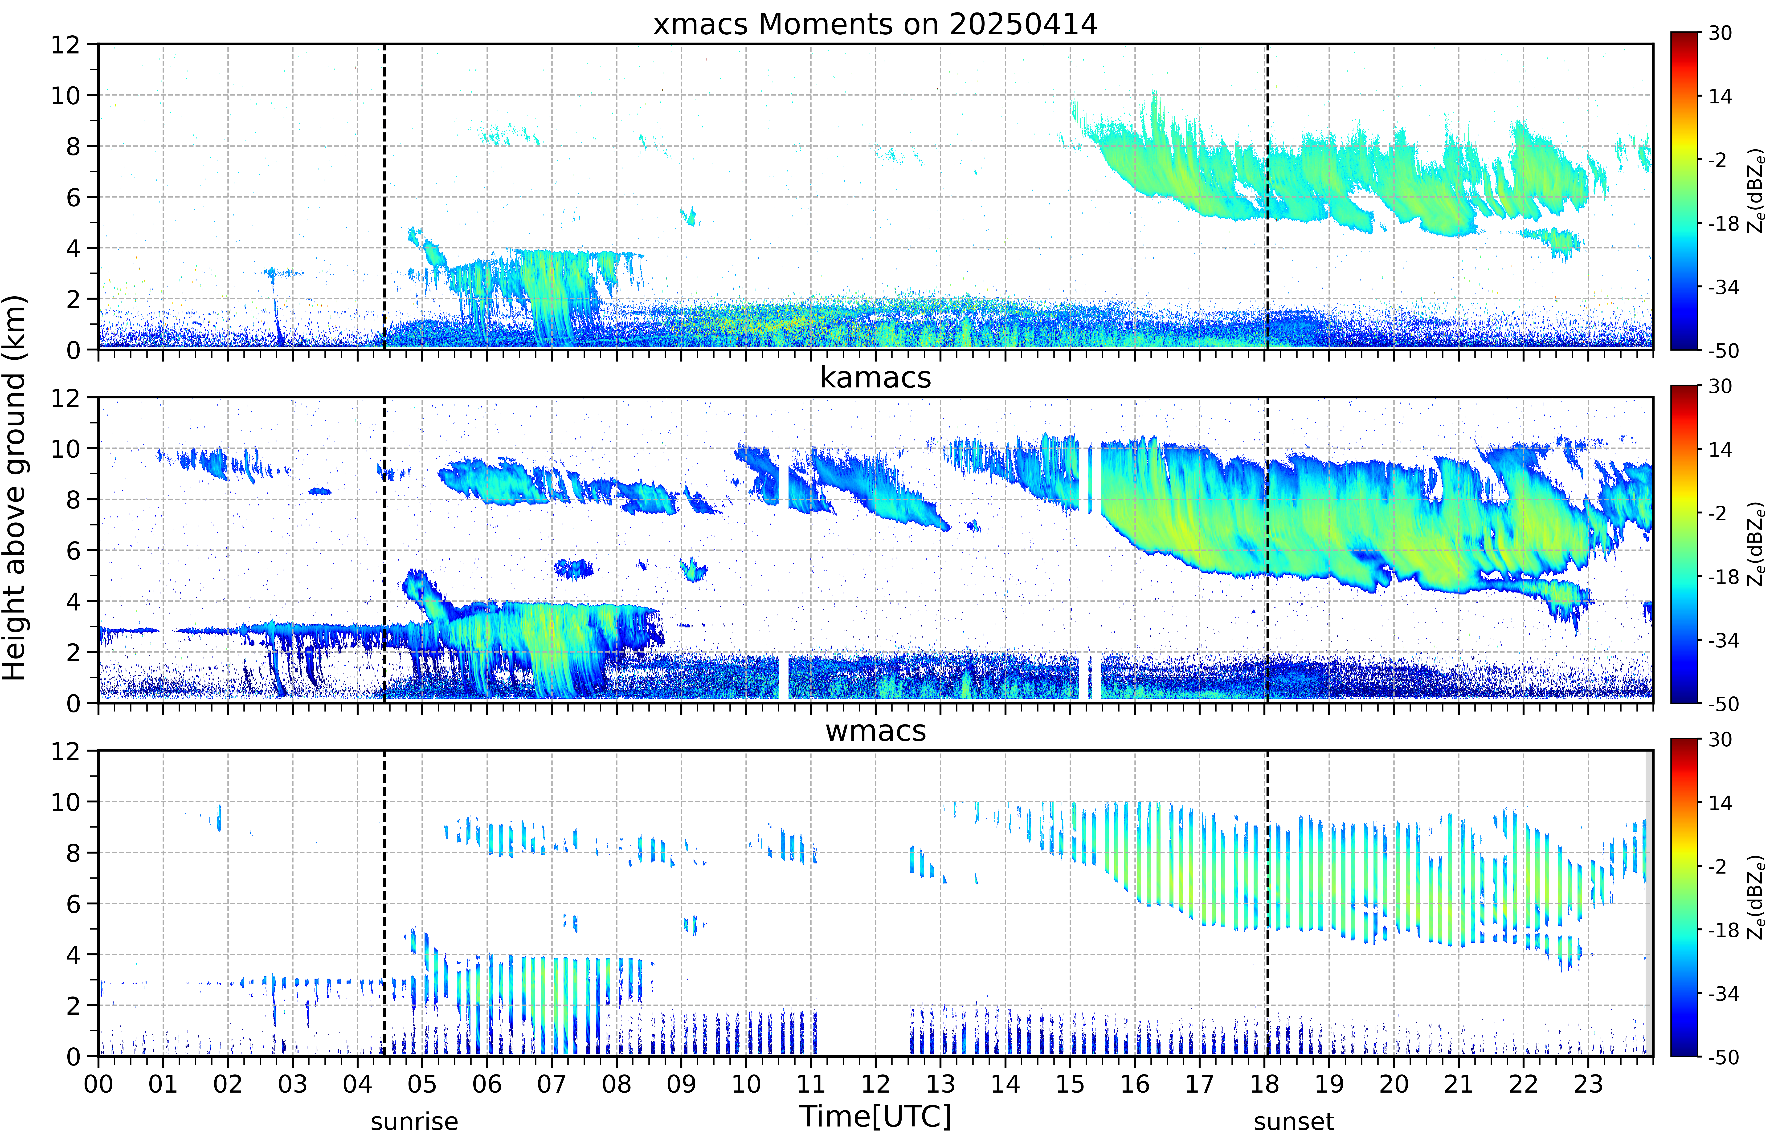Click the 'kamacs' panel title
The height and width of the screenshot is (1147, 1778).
click(875, 378)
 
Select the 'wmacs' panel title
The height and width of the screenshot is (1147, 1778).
click(875, 731)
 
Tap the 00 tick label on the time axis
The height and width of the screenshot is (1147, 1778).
click(98, 1084)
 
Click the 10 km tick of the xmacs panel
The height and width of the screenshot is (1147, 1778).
click(65, 95)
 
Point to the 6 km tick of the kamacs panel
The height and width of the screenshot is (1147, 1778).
click(73, 550)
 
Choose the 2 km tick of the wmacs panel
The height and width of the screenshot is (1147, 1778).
click(73, 1005)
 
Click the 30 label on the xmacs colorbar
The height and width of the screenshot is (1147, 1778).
click(1720, 33)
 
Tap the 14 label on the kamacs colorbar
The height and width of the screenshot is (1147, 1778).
click(1720, 450)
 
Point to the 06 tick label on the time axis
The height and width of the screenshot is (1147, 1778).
click(487, 1084)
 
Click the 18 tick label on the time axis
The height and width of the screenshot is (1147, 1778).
click(1264, 1084)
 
